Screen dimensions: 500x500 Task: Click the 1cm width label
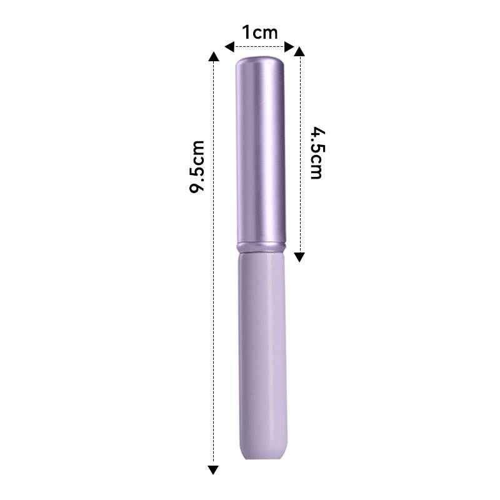pyautogui.click(x=260, y=32)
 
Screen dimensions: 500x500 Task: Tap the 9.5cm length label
pyautogui.click(x=197, y=166)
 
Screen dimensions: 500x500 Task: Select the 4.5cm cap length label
pyautogui.click(x=317, y=153)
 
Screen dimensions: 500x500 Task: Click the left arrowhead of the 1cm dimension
pyautogui.click(x=229, y=47)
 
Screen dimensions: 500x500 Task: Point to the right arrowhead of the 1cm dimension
pyautogui.click(x=289, y=47)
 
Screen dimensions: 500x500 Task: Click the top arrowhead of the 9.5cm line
pyautogui.click(x=213, y=56)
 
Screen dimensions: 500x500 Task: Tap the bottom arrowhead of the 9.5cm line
pyautogui.click(x=213, y=470)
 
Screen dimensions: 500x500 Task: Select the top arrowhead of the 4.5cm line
pyautogui.click(x=299, y=51)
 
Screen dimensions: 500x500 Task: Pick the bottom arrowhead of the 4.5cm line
pyautogui.click(x=299, y=257)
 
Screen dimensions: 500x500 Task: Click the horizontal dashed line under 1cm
pyautogui.click(x=259, y=47)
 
